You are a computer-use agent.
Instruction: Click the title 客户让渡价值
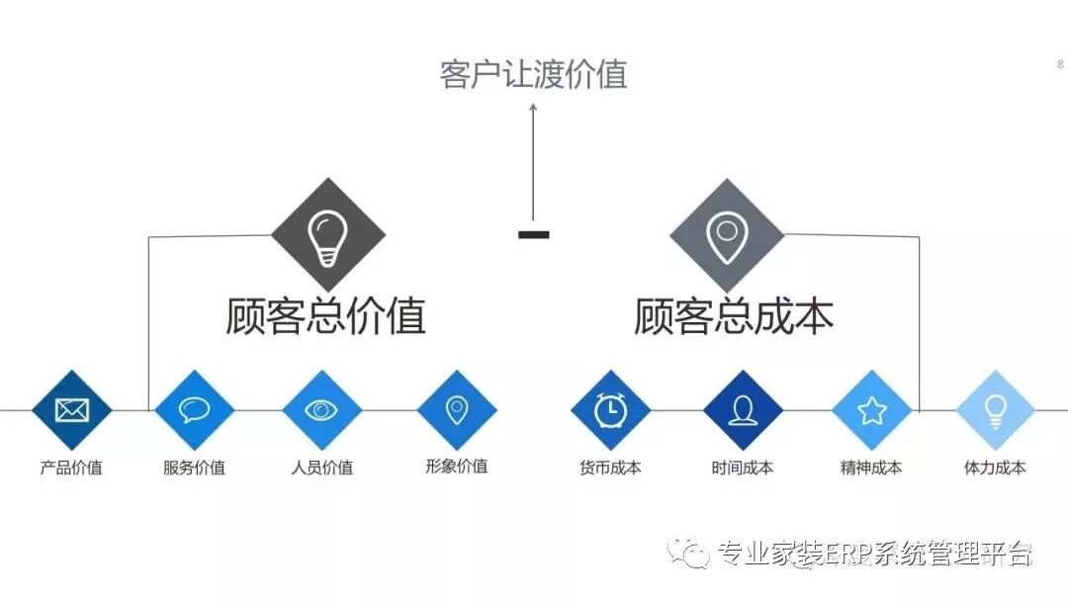point(533,74)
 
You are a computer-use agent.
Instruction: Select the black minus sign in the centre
point(533,234)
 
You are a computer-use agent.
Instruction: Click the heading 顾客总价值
point(326,316)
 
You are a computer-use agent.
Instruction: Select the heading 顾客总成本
point(734,316)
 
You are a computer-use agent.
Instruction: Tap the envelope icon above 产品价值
point(72,409)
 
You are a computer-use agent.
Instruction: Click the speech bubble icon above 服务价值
point(195,409)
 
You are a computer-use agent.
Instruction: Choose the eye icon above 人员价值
point(322,409)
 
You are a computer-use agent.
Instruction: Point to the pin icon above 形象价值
point(456,409)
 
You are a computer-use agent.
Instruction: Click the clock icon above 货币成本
point(610,409)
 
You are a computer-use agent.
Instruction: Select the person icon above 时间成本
point(743,409)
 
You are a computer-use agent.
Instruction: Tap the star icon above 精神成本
point(871,409)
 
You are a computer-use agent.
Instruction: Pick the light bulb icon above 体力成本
point(995,409)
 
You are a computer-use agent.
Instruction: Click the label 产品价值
point(71,468)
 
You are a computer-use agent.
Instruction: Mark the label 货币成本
point(610,468)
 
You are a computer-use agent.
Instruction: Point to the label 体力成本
point(995,468)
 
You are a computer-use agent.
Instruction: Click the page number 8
point(1060,64)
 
